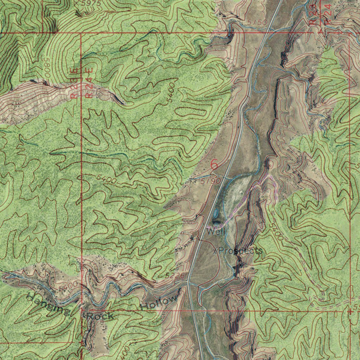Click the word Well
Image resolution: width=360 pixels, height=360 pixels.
coord(216,232)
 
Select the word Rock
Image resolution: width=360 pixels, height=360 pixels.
coord(100,316)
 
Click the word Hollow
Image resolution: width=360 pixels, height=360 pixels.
coord(159,302)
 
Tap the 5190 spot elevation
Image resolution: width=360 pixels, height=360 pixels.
coord(211,181)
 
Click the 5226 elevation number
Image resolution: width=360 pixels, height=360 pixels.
coord(175,276)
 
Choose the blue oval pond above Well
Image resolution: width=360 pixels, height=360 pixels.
coord(215,213)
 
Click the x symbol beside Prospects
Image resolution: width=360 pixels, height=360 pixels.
coord(215,251)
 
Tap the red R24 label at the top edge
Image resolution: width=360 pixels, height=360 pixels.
coord(328,14)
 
